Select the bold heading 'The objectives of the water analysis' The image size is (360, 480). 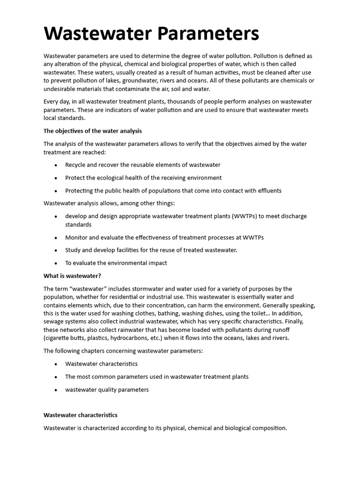pyautogui.click(x=92, y=131)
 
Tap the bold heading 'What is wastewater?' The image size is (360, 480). pyautogui.click(x=72, y=276)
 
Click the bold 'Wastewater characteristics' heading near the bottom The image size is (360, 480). pyautogui.click(x=80, y=415)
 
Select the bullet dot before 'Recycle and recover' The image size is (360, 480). pyautogui.click(x=56, y=165)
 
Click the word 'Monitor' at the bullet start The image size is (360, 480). pyautogui.click(x=76, y=237)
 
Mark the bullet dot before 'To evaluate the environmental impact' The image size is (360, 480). pyautogui.click(x=56, y=263)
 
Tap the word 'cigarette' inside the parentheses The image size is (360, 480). pyautogui.click(x=58, y=338)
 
